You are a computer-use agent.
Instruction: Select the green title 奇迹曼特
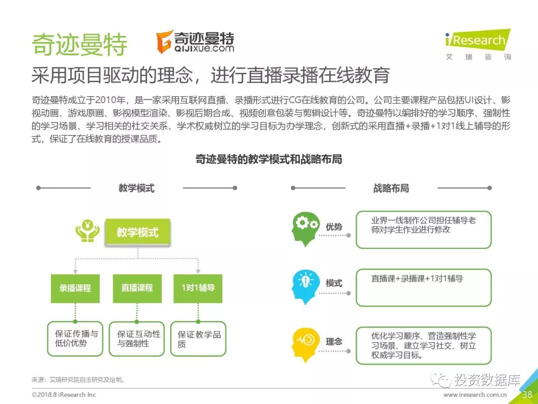[x=79, y=45]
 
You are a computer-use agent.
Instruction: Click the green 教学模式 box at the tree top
[x=137, y=232]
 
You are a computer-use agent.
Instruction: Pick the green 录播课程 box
[x=75, y=288]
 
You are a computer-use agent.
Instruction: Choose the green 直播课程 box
[x=137, y=288]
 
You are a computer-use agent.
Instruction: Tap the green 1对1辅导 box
[x=198, y=288]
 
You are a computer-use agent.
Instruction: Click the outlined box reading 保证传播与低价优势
[x=75, y=339]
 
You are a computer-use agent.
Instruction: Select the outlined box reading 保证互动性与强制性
[x=137, y=339]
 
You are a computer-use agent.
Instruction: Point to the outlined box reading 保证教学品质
[x=198, y=339]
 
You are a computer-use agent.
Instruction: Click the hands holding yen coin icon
[x=87, y=231]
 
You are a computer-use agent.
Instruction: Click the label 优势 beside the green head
[x=334, y=227]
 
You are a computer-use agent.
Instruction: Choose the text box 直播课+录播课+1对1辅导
[x=423, y=287]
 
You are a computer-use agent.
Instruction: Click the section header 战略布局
[x=391, y=188]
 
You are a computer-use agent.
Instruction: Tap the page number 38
[x=527, y=395]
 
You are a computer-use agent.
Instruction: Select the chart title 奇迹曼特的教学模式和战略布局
[x=269, y=160]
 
